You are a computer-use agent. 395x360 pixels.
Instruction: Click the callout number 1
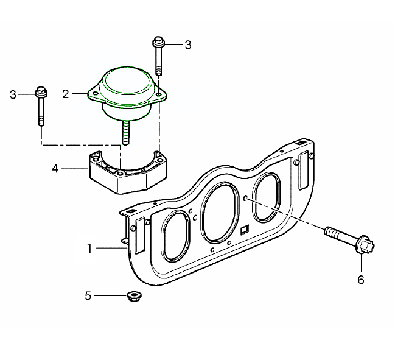click(x=89, y=249)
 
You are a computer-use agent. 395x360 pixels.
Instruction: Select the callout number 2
click(x=66, y=94)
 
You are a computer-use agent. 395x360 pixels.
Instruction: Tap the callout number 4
click(x=55, y=168)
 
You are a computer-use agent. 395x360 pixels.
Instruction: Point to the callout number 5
click(x=88, y=295)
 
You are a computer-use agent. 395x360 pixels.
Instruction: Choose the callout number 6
click(x=361, y=280)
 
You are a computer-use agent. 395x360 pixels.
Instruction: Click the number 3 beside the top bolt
click(x=188, y=45)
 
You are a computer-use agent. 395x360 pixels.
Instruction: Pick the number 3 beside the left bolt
click(x=13, y=95)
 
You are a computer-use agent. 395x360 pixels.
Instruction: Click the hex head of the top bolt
click(x=158, y=41)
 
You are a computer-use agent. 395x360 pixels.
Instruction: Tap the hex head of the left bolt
click(x=41, y=92)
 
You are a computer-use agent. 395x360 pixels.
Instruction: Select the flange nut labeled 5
click(x=134, y=296)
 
